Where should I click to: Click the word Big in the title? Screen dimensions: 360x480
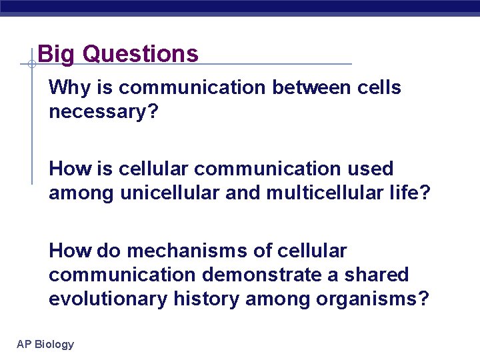57,54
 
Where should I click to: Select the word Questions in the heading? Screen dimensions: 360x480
140,54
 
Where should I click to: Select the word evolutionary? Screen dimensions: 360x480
108,299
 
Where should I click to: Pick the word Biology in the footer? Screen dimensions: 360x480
54,344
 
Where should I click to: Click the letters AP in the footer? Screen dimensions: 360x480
24,344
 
